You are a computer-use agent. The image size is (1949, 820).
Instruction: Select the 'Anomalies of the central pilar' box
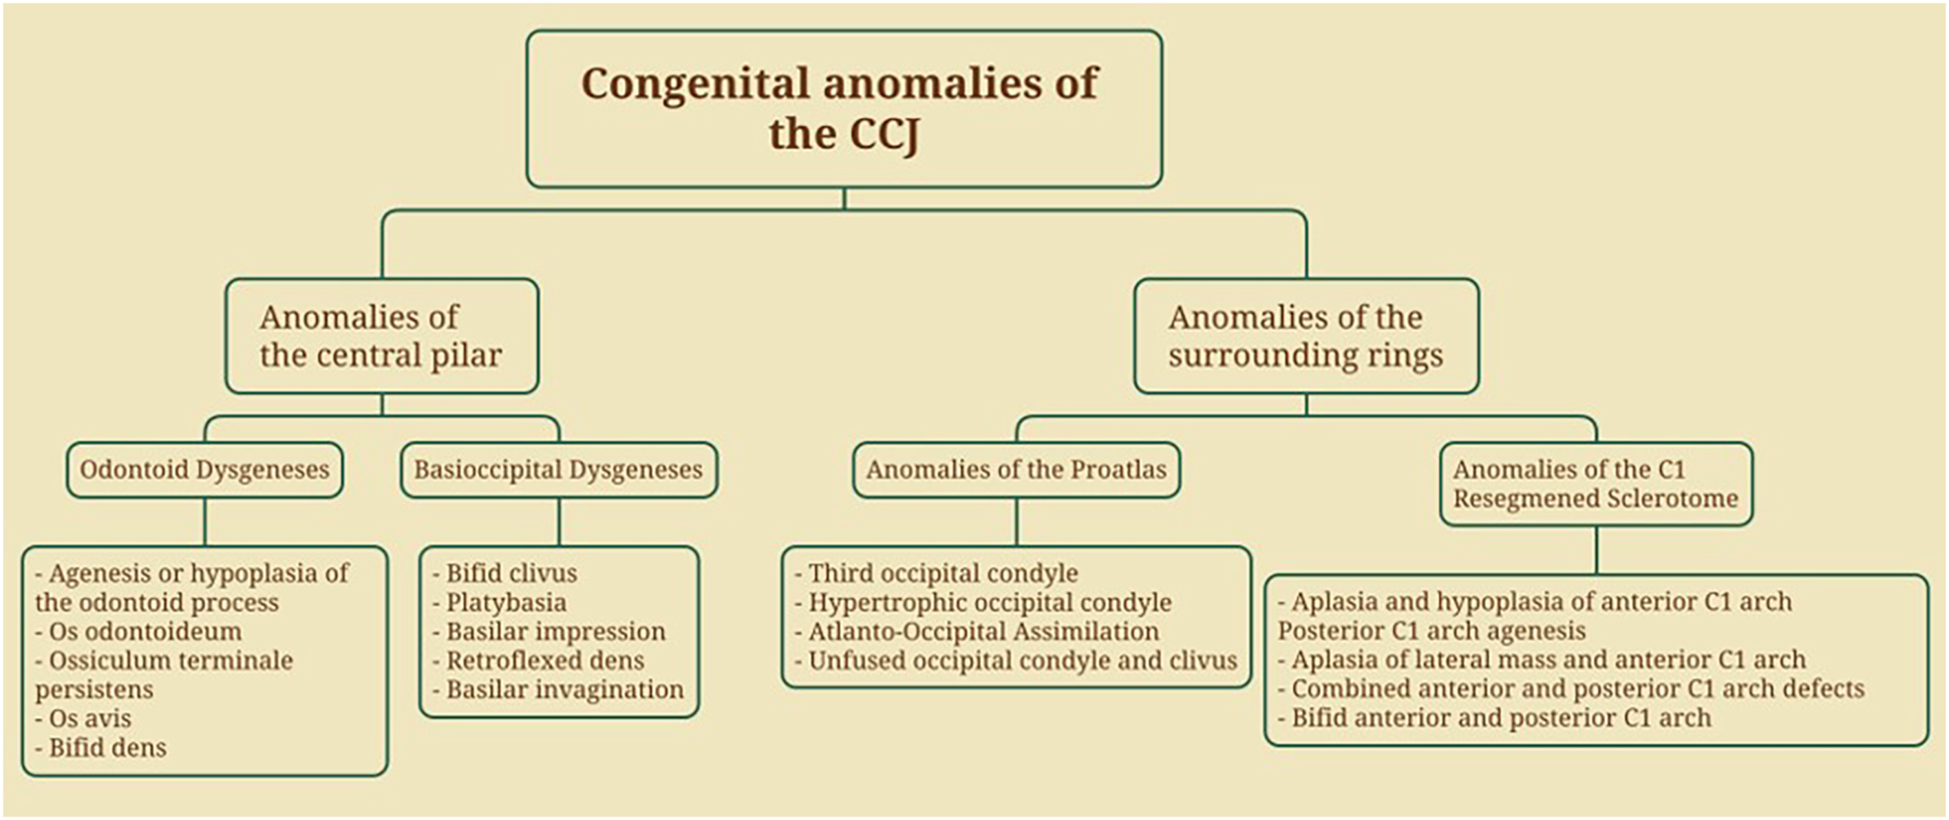point(381,336)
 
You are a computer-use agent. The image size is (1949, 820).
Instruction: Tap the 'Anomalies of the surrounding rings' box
point(1306,336)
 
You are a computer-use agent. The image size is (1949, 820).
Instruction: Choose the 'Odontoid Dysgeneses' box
point(204,470)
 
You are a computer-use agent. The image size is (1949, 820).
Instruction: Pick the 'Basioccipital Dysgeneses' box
point(558,470)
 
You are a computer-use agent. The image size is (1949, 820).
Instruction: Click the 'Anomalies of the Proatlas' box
point(1016,470)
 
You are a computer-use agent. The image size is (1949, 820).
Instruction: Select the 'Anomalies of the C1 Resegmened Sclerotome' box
point(1596,484)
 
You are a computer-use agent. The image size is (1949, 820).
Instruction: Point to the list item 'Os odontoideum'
point(145,632)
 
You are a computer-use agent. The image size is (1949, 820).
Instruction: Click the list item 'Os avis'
point(89,719)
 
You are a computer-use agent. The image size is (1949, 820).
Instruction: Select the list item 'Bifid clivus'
point(511,574)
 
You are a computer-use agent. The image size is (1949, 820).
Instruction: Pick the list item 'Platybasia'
point(505,603)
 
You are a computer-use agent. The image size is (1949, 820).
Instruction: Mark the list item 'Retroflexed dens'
point(545,661)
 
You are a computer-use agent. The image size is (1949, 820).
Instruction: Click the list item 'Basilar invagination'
point(564,690)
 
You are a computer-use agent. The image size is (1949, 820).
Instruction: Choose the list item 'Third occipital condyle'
point(943,574)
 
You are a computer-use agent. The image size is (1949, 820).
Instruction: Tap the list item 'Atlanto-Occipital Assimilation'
point(983,632)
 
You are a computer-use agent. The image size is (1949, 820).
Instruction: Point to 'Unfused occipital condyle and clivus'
point(1022,661)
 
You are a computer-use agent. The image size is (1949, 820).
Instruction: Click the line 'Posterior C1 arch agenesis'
point(1431,631)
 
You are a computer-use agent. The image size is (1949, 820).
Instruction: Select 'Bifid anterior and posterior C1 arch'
point(1500,718)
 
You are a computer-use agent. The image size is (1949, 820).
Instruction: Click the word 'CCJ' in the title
point(884,135)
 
